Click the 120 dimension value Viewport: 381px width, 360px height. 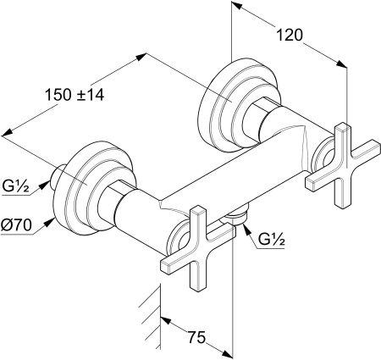pos(290,36)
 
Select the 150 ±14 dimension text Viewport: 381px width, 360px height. pos(75,95)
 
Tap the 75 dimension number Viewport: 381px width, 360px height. pos(196,337)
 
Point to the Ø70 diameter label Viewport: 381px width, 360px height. pos(16,225)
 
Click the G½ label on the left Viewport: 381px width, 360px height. pos(16,186)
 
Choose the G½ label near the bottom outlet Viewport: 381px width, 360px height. pos(271,240)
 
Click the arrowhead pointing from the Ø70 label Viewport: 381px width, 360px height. pos(50,222)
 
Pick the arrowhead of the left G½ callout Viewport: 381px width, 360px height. pos(43,186)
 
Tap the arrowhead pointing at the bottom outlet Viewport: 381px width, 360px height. pos(246,227)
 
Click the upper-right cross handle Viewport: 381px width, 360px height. pos(343,165)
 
